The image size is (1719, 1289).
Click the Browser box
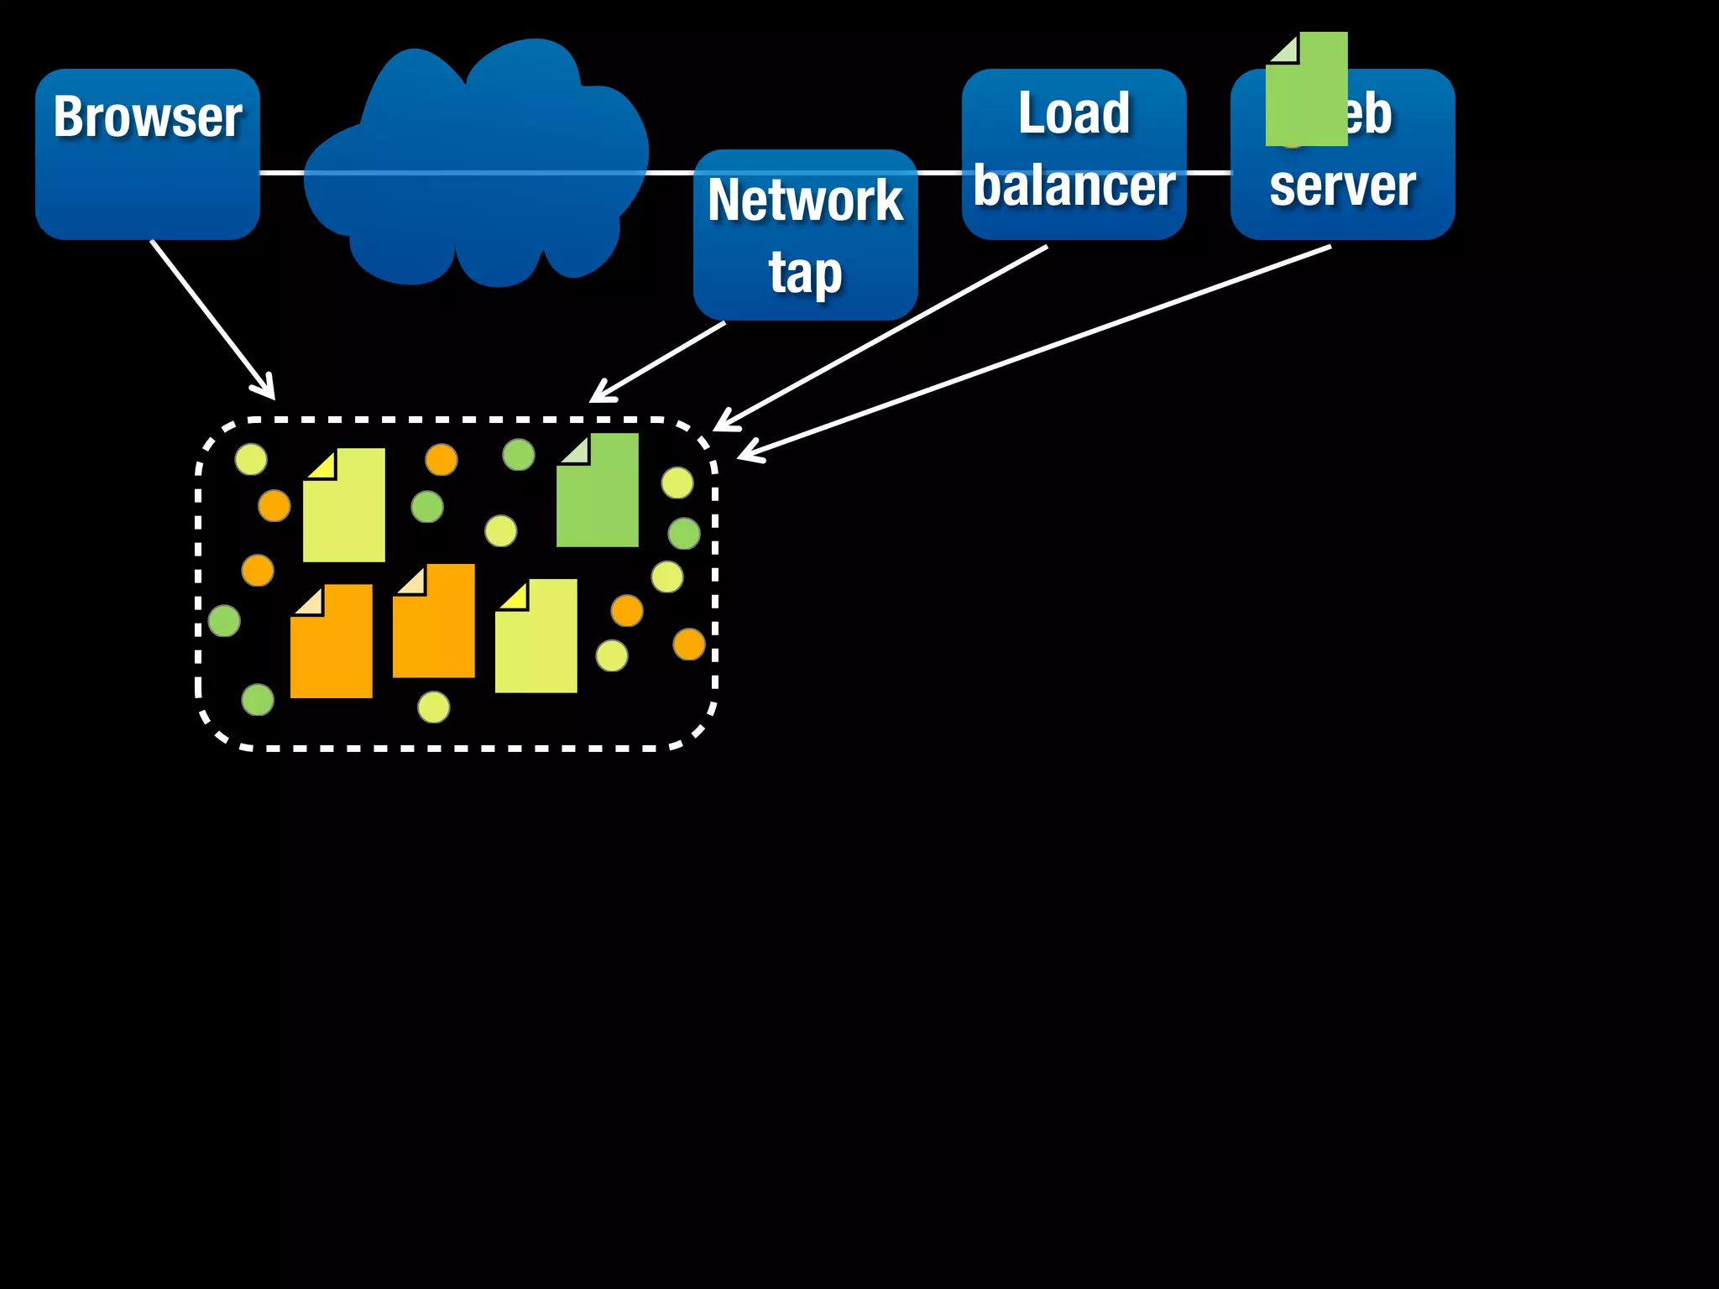tap(148, 155)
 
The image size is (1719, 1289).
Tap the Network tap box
tap(805, 235)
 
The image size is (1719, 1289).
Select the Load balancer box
tap(1074, 155)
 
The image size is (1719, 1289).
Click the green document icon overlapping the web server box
tap(1306, 91)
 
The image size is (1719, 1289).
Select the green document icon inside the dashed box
tap(598, 492)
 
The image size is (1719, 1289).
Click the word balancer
tap(1074, 186)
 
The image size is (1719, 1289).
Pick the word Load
tap(1074, 113)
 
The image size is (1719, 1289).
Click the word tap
tap(805, 273)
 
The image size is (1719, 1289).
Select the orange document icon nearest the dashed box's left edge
tap(332, 642)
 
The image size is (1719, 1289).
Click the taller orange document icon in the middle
tap(434, 622)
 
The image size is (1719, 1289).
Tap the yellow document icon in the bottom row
tap(536, 637)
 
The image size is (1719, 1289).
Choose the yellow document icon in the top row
tap(344, 506)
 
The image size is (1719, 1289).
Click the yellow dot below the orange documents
tap(434, 707)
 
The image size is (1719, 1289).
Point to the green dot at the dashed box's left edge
tap(224, 621)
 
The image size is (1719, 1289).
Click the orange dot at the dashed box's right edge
tap(689, 644)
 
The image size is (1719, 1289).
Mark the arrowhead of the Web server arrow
tap(747, 453)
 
